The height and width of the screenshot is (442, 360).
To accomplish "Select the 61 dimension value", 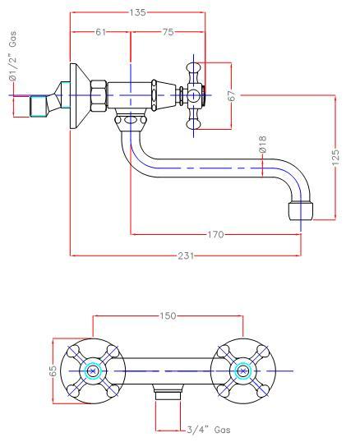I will point(99,33).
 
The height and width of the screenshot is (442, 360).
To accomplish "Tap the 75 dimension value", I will point(168,33).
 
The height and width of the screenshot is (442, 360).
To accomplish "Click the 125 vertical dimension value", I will point(335,156).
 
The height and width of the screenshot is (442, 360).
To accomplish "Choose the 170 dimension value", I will point(215,235).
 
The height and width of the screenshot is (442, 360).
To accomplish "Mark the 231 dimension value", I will point(187,256).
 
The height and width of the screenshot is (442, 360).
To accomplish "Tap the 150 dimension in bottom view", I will point(168,315).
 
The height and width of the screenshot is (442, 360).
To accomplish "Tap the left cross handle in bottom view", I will point(91,371).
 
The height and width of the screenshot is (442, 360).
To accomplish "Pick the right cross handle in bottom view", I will point(242,371).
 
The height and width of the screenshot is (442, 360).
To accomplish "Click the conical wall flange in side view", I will point(74,95).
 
